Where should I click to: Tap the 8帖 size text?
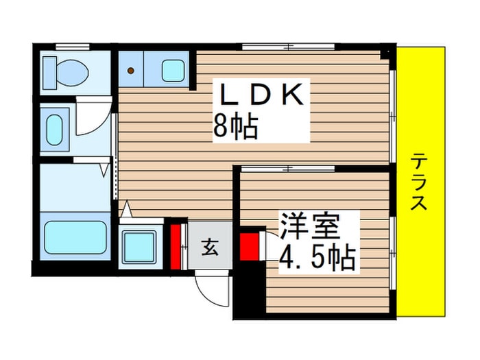tap(235, 126)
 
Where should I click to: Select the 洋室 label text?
tap(309, 226)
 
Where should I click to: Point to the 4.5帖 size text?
tap(317, 257)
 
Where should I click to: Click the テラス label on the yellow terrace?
tap(418, 182)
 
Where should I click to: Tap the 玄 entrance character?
tap(210, 248)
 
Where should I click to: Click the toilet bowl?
tap(73, 73)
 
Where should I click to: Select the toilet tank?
tap(49, 73)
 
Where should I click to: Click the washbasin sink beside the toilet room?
tap(55, 130)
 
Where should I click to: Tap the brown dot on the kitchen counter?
tap(131, 71)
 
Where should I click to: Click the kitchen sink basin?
tap(173, 71)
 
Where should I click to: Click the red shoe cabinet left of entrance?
tap(175, 247)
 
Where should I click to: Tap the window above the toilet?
tap(73, 47)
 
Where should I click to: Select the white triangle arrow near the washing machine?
tap(127, 208)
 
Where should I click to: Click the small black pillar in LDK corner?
tap(385, 54)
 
